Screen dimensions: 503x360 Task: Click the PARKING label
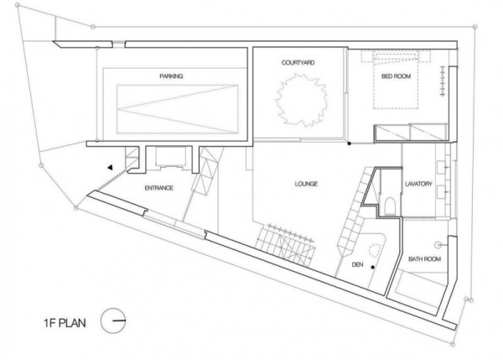[171, 76]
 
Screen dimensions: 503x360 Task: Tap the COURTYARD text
[298, 62]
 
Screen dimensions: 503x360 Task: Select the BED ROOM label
[397, 76]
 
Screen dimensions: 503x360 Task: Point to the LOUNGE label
[306, 184]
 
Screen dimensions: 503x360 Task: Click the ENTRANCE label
[158, 188]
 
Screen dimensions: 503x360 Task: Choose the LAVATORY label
[418, 184]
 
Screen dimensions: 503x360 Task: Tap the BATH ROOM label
[424, 258]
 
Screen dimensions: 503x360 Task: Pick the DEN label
[358, 264]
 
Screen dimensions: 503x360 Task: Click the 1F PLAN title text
[65, 322]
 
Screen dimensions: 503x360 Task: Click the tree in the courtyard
[301, 100]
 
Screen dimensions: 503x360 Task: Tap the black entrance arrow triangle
[111, 167]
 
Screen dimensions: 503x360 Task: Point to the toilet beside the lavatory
[390, 206]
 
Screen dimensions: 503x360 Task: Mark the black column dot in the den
[373, 267]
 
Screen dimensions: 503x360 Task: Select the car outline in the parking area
[178, 109]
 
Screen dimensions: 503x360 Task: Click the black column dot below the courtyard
[350, 143]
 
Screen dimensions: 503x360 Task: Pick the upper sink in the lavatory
[443, 167]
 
